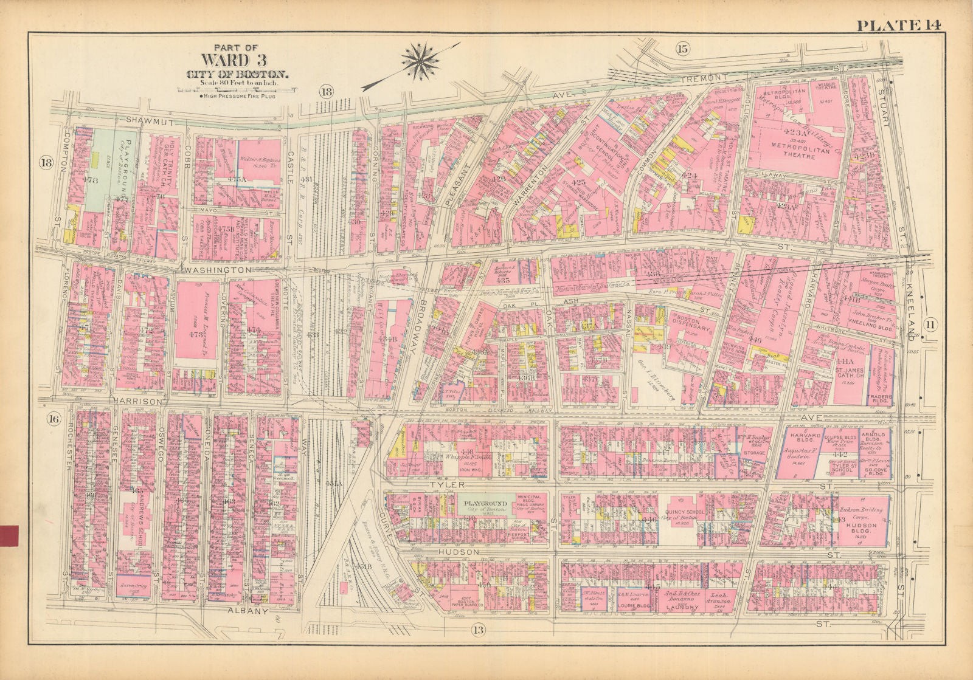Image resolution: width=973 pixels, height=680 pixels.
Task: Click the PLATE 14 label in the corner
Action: (899, 25)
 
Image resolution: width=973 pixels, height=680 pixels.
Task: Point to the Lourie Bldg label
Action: (634, 606)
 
